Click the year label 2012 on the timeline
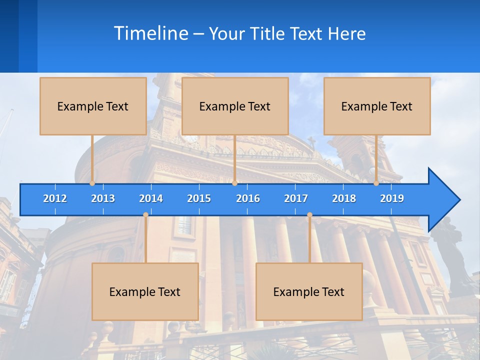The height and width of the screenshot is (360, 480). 55,198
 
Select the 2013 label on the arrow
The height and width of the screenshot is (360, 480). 103,198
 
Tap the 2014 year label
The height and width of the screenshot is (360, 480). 151,198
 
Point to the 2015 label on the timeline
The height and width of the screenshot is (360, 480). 199,198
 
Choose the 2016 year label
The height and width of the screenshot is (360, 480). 248,198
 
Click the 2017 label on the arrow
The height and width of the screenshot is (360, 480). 296,198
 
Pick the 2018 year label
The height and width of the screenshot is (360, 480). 344,198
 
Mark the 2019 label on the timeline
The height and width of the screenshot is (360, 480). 392,198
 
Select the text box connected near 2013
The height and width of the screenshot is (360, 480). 93,106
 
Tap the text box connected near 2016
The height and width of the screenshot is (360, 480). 235,106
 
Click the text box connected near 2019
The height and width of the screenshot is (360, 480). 377,106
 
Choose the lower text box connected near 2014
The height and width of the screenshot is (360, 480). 145,291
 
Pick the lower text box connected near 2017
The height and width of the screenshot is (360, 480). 309,291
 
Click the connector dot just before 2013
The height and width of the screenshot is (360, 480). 92,183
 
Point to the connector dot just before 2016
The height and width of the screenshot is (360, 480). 234,183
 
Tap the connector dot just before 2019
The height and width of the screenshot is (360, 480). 376,183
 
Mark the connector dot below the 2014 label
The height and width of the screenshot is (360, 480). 145,215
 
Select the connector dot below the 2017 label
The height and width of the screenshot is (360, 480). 309,215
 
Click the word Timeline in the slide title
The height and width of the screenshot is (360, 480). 150,33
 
